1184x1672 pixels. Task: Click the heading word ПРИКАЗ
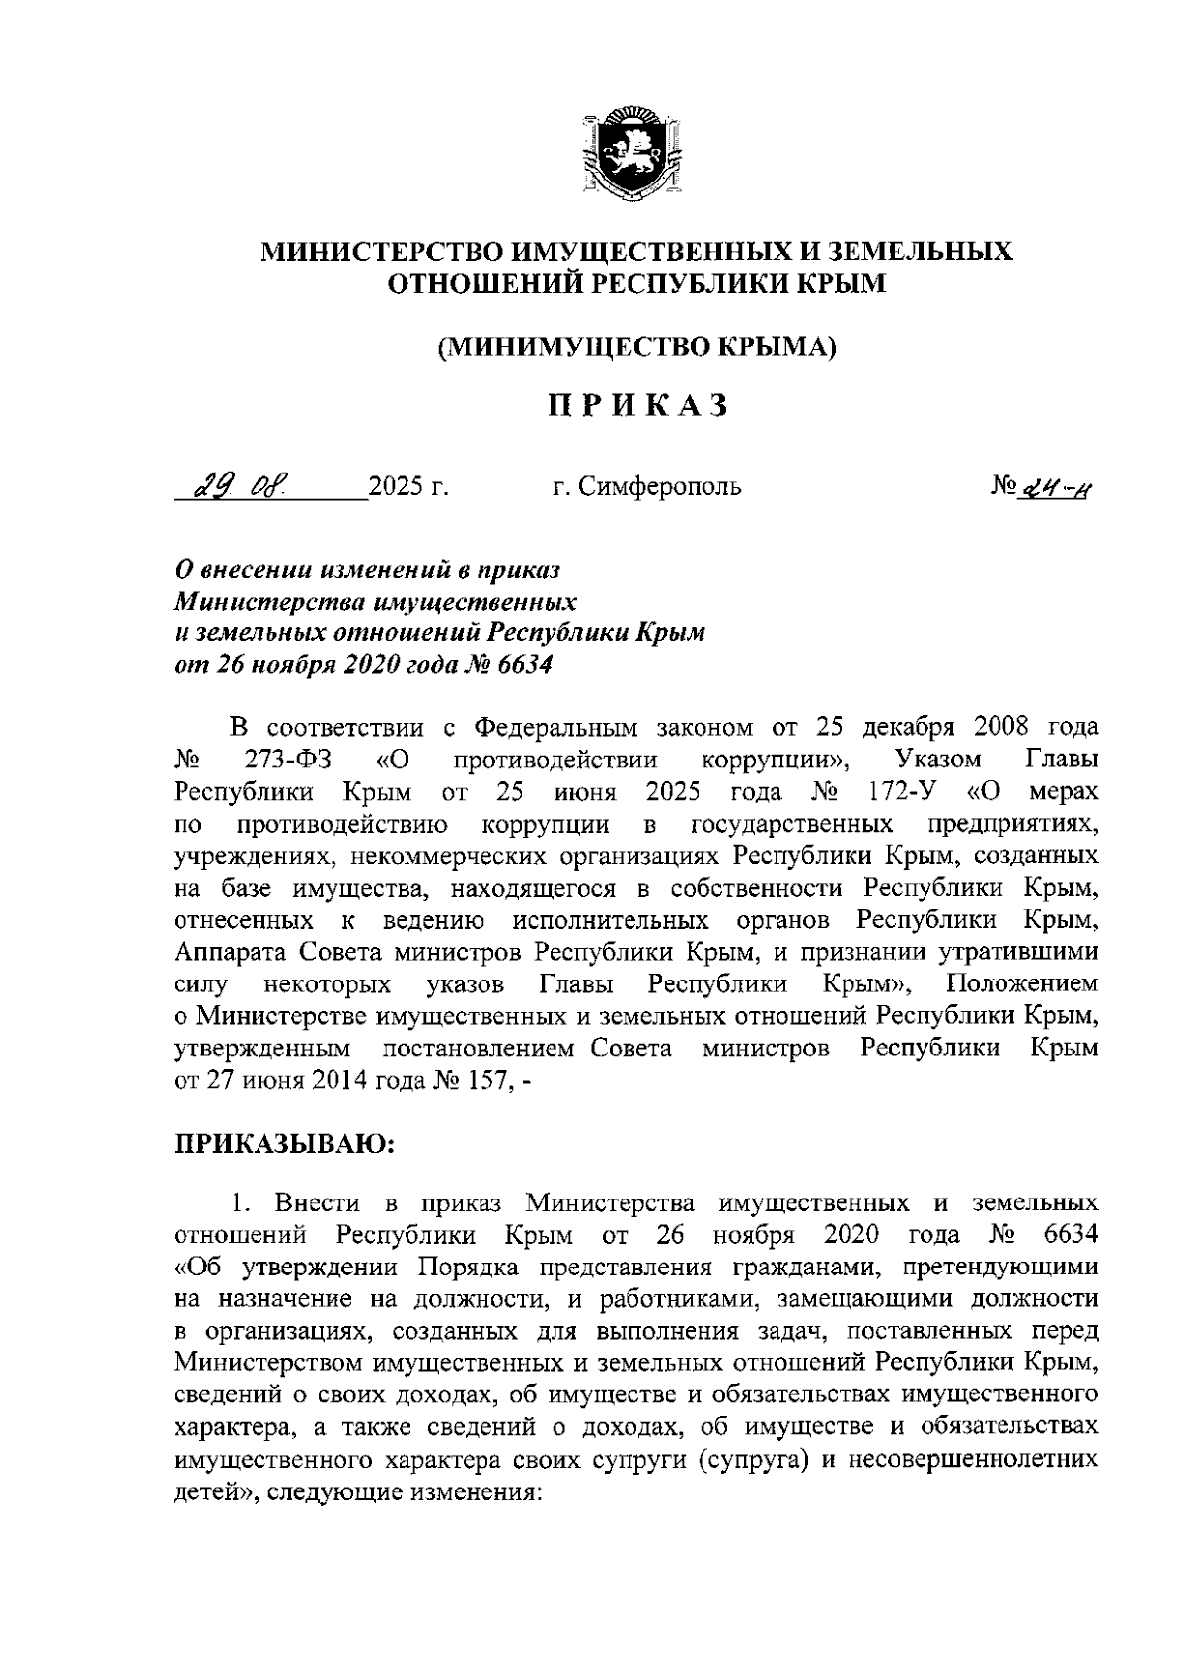[638, 405]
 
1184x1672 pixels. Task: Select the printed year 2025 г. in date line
[407, 486]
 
